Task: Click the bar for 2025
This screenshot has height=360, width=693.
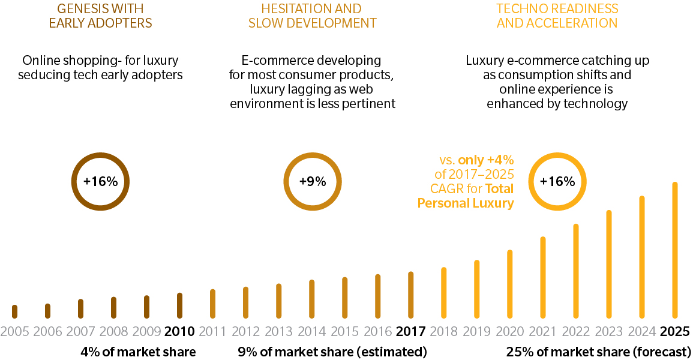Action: tap(675, 250)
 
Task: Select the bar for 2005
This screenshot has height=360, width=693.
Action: tap(14, 311)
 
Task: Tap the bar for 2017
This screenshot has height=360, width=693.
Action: tap(411, 295)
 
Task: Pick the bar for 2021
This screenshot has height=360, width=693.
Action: tap(543, 277)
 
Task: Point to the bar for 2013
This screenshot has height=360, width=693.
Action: tap(279, 301)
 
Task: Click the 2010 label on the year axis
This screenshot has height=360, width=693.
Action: tap(179, 332)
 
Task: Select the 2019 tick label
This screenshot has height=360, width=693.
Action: tap(476, 332)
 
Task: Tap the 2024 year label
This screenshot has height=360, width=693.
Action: tap(642, 332)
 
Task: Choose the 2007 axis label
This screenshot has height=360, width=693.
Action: tap(80, 332)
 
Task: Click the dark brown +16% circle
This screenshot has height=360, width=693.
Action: tap(100, 182)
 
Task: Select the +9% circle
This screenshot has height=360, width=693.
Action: tap(312, 182)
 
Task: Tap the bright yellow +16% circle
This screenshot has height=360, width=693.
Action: tap(557, 182)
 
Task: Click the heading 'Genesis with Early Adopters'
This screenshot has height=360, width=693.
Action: tap(100, 16)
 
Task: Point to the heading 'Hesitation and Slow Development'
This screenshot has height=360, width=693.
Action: tap(312, 16)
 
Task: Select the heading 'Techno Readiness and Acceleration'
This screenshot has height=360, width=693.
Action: tap(557, 16)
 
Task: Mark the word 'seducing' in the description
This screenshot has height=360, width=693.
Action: tap(42, 75)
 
